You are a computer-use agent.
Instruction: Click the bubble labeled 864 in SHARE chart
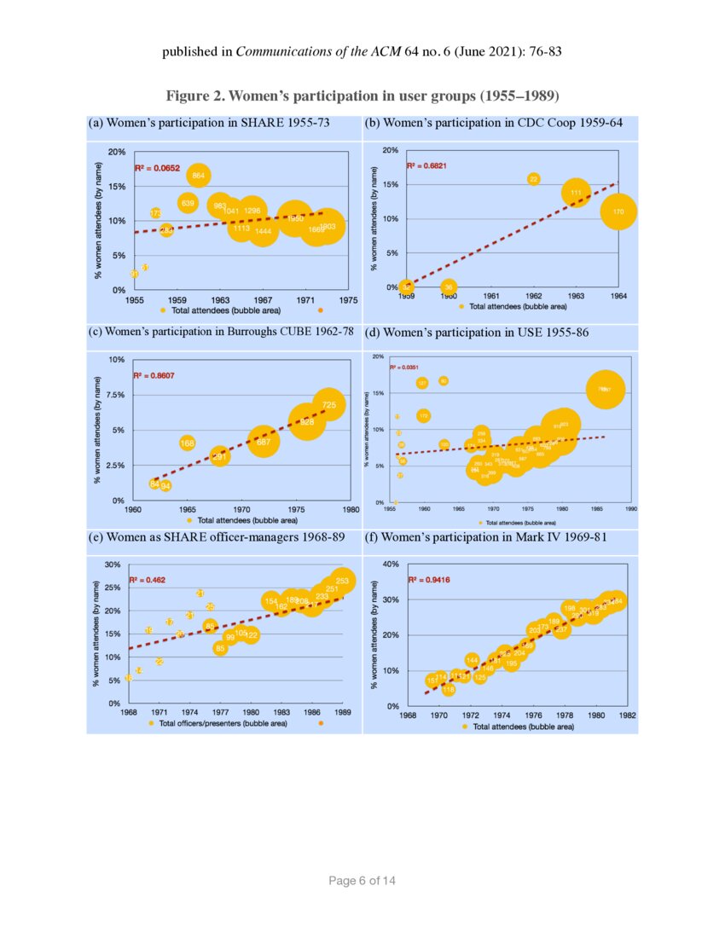tap(198, 176)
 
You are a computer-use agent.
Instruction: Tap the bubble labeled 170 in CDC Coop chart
tap(619, 211)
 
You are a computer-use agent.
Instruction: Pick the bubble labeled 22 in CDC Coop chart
tap(534, 179)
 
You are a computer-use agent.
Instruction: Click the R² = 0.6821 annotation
tap(426, 165)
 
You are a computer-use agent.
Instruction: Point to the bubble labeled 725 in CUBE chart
tap(329, 404)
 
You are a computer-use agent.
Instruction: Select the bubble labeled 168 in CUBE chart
tap(188, 443)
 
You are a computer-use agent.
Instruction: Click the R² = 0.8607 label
tap(154, 375)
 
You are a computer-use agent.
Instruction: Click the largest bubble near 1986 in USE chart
tap(605, 389)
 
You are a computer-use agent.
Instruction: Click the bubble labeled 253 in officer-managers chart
tap(343, 581)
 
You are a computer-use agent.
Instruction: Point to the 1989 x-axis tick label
tap(343, 710)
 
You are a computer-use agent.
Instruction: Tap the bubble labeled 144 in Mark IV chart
tap(472, 660)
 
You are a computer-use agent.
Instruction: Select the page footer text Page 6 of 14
tap(362, 880)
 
